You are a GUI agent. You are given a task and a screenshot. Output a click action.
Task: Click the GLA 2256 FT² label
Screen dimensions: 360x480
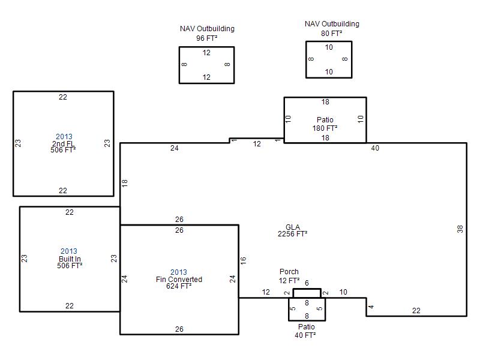pos(293,230)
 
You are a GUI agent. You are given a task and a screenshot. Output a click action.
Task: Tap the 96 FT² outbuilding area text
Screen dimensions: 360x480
pos(206,38)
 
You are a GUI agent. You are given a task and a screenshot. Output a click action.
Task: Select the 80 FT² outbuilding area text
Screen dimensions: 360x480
pos(331,33)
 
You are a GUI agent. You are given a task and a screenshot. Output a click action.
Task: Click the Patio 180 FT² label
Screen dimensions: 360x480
pos(325,124)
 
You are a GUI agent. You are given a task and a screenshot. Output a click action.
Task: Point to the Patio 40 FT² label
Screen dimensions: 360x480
pos(307,331)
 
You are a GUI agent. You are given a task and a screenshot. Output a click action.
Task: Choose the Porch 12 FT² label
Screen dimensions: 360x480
pos(289,276)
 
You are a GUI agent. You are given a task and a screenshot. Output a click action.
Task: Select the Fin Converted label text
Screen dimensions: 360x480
pos(179,280)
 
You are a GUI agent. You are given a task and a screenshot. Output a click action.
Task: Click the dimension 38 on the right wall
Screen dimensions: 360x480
pos(460,229)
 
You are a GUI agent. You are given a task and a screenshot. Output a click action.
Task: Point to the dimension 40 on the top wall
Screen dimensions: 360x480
pos(375,148)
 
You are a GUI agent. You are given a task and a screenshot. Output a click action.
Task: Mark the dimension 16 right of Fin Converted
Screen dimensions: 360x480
pos(244,261)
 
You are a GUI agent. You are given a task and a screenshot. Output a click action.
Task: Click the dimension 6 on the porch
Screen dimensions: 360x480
pos(307,283)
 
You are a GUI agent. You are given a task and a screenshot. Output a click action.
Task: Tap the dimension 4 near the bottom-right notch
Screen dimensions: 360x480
pos(371,307)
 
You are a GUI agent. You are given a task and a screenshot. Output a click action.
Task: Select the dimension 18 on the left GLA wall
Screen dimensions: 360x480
pos(125,183)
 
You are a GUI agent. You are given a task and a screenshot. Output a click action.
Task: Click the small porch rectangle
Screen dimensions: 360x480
pos(307,293)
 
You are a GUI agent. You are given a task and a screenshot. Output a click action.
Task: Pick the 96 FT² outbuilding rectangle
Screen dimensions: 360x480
pos(206,65)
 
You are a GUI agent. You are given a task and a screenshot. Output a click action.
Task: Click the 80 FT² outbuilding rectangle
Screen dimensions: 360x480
pos(329,59)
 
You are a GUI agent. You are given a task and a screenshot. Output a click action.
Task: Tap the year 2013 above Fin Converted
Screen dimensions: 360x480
pos(179,272)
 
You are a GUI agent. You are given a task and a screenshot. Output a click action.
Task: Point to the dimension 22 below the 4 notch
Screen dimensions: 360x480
pos(416,310)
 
